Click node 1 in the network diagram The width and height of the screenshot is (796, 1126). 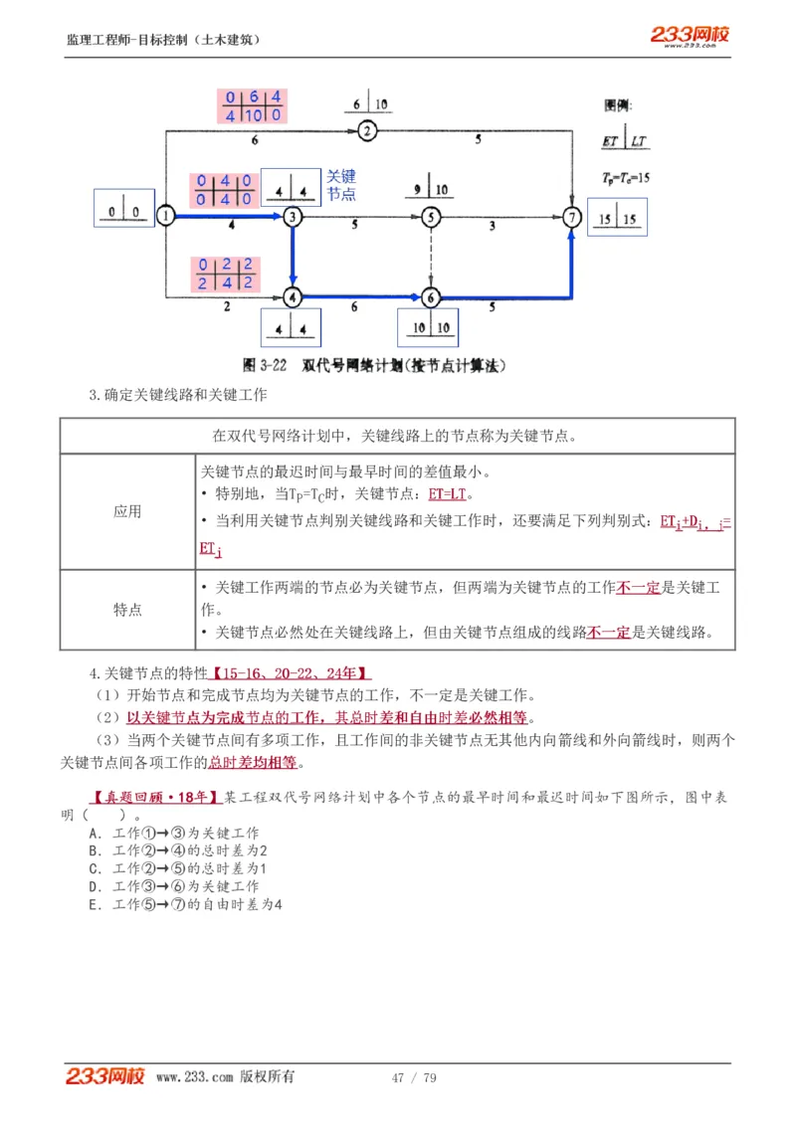coord(166,215)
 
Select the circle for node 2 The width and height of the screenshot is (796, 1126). coord(366,130)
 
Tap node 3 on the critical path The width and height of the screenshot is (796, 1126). coord(292,216)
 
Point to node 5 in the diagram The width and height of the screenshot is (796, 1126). coord(430,216)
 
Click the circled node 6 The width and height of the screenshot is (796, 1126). coord(430,296)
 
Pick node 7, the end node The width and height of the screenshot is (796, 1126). coord(571,216)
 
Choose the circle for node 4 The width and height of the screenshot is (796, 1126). coord(292,296)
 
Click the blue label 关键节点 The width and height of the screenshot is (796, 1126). coord(340,186)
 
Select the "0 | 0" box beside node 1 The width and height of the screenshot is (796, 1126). coord(123,210)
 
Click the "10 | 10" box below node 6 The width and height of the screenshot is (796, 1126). coord(429,327)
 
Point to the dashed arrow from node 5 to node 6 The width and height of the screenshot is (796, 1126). coord(430,257)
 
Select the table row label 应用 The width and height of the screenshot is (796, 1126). coord(127,511)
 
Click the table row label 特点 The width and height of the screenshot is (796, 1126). coord(127,610)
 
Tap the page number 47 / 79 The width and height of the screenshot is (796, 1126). coord(414,1077)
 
